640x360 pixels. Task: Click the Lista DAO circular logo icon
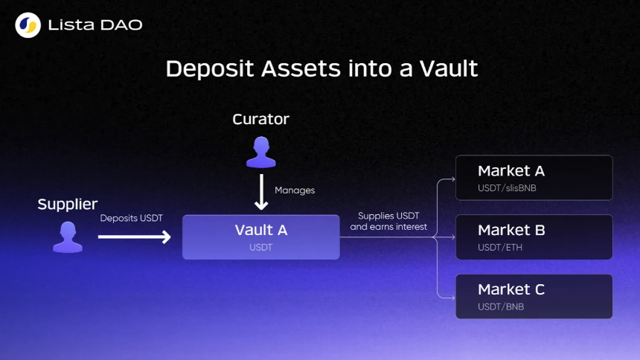[28, 25]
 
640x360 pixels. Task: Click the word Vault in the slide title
[449, 68]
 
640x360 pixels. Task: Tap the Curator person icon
[261, 152]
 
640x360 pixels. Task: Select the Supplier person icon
[68, 237]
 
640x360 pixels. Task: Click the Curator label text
[260, 119]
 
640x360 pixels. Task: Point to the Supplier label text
[68, 204]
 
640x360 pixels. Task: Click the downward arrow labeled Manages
[261, 192]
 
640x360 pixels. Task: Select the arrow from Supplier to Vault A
[134, 237]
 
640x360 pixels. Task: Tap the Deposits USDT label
[132, 218]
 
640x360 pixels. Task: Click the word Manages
[295, 190]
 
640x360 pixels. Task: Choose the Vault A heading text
[261, 230]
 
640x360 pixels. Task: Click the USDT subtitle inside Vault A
[260, 248]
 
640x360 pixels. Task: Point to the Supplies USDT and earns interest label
[388, 221]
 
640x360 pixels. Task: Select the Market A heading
[511, 171]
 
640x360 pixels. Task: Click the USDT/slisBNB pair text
[507, 188]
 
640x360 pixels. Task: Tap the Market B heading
[511, 230]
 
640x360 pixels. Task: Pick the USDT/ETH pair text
[500, 248]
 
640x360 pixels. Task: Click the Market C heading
[511, 289]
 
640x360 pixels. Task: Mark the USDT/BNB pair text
[501, 306]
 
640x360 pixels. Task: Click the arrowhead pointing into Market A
[452, 179]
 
